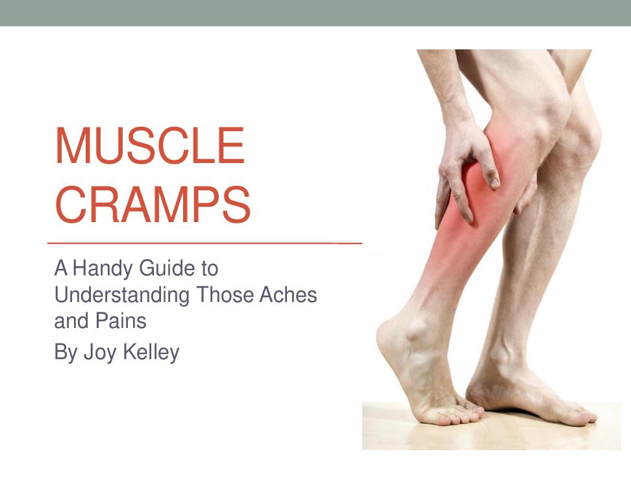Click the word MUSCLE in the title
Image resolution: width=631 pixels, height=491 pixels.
(150, 145)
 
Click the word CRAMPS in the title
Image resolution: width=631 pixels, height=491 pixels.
(153, 205)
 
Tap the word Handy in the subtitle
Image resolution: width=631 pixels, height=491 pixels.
(102, 269)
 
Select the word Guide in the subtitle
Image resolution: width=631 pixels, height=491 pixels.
(165, 268)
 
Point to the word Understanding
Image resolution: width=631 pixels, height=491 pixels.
(121, 296)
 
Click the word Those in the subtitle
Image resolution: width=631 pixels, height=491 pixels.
(225, 295)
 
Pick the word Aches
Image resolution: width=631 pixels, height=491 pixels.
(288, 295)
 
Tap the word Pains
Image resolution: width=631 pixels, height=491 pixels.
(121, 321)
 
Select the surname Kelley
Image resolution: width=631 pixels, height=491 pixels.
(151, 353)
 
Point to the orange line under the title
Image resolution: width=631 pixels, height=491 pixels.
(204, 243)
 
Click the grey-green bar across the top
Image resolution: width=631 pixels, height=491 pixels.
(315, 13)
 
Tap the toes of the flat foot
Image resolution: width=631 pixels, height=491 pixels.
(580, 416)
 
